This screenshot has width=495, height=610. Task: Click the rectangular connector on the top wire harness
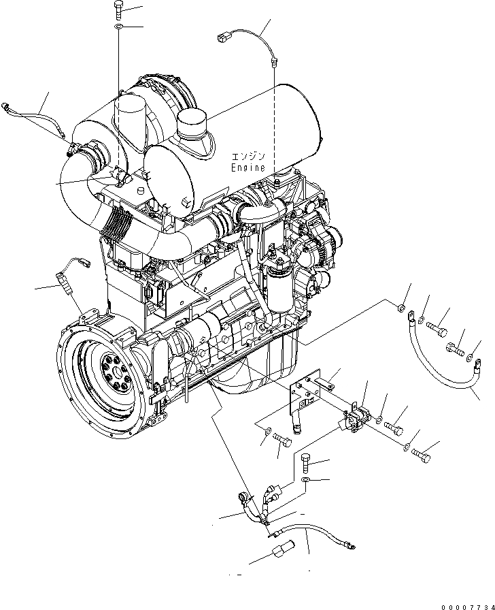pyautogui.click(x=225, y=38)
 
